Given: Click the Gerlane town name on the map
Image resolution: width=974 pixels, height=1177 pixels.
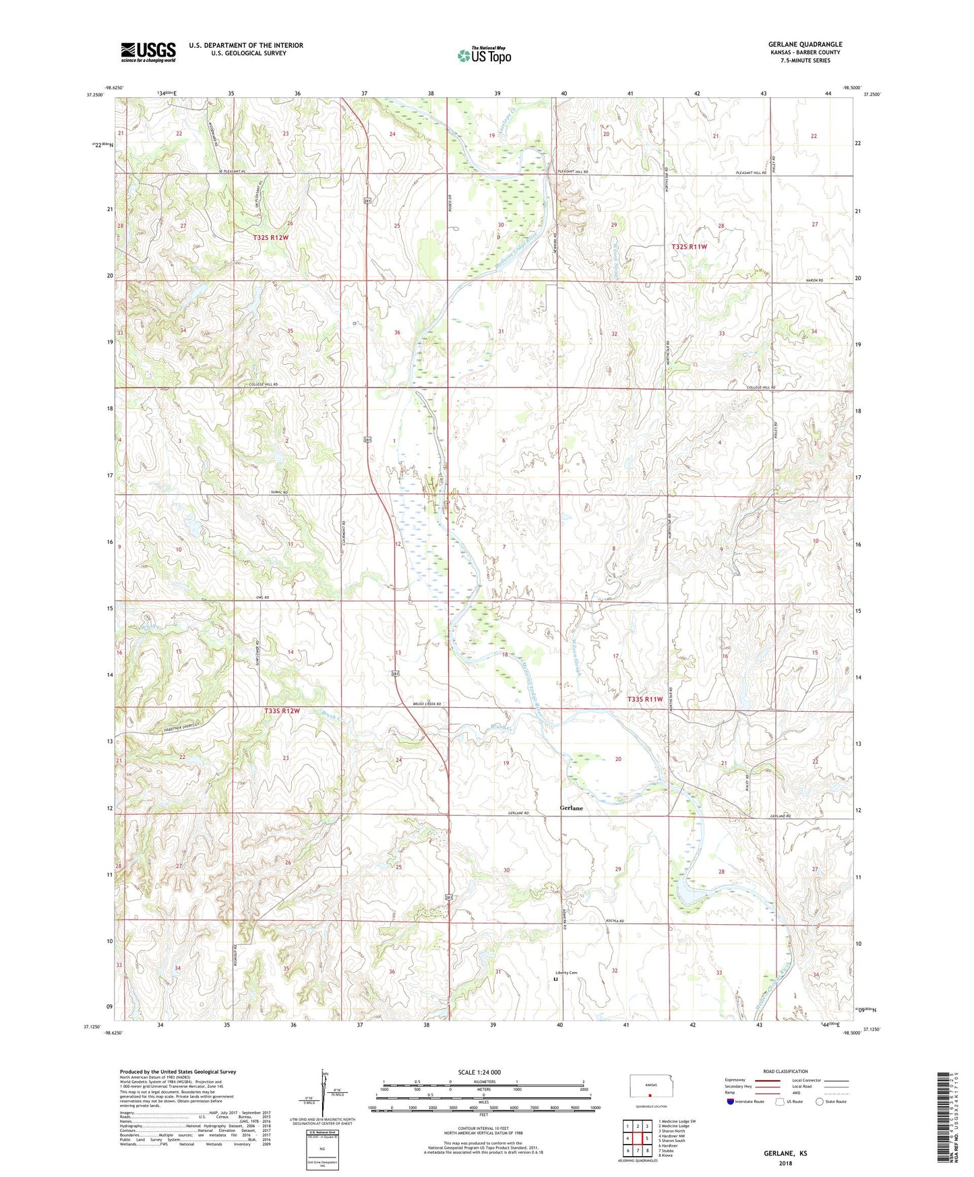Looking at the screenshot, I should tap(571, 808).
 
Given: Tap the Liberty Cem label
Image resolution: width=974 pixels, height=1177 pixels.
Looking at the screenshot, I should tap(566, 973).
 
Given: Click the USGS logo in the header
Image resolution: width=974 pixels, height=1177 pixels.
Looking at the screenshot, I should tap(148, 52).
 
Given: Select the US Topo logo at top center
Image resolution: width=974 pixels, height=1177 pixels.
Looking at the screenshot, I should tap(484, 55).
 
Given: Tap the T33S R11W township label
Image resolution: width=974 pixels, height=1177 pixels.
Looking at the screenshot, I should tap(645, 699).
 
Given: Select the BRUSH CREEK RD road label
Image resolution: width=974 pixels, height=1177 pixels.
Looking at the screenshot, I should tap(426, 704).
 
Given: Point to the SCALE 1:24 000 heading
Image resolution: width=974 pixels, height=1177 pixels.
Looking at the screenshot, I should tap(479, 1072).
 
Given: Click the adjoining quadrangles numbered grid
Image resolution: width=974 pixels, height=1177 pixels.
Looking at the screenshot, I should tap(637, 1140).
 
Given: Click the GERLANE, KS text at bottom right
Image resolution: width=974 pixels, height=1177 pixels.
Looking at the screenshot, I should tap(785, 1153).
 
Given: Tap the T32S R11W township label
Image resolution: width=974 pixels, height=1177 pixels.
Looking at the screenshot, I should tap(689, 247).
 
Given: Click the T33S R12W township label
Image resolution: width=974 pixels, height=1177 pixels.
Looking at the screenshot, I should tap(281, 711).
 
